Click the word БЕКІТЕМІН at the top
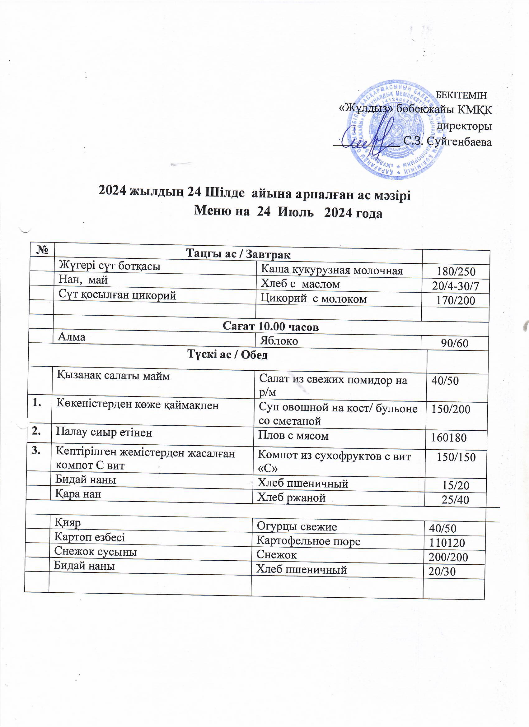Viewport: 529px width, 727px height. (462, 95)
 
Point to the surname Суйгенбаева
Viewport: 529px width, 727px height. (459, 141)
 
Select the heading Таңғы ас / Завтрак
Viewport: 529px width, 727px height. (238, 255)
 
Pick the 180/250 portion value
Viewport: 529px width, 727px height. (456, 272)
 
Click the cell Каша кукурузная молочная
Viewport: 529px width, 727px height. (332, 270)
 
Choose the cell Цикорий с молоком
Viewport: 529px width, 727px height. (313, 299)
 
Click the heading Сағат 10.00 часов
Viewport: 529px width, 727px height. (270, 326)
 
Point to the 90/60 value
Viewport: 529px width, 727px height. (455, 343)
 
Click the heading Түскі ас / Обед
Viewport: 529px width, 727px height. (227, 355)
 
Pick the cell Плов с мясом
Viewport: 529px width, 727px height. (293, 435)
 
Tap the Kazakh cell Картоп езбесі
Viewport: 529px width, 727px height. (90, 537)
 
